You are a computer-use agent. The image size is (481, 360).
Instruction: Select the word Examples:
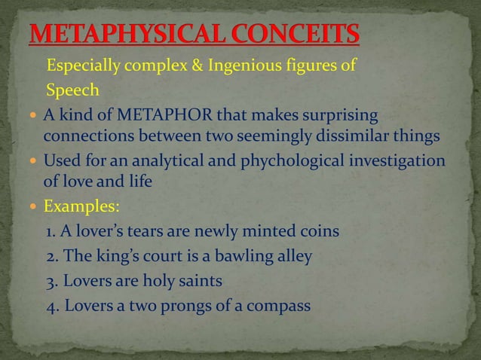[78, 206]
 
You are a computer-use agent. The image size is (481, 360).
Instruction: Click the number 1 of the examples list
[51, 230]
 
